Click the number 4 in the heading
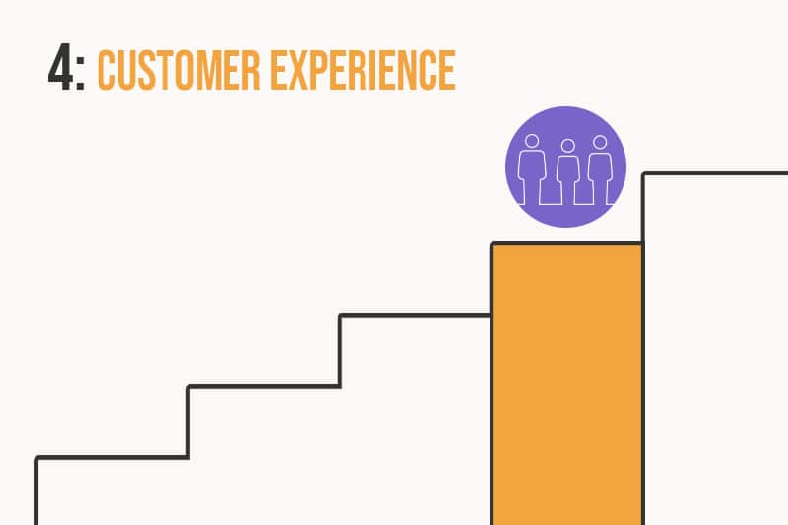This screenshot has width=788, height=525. tap(60, 67)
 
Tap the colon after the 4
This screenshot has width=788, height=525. tap(80, 73)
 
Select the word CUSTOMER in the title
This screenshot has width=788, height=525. tap(178, 70)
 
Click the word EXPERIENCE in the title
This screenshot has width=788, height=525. tap(362, 70)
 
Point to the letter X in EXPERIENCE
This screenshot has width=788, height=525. tap(304, 70)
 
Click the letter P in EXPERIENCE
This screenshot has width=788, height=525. tap(328, 70)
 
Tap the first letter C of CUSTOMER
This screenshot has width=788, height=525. tap(106, 70)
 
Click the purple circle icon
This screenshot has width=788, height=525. tap(565, 166)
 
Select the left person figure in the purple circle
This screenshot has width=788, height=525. tap(532, 169)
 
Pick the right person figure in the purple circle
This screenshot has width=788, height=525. tap(600, 169)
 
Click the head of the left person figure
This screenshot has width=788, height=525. tap(532, 141)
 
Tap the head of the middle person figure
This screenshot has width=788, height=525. tap(568, 146)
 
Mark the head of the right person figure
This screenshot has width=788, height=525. tap(600, 142)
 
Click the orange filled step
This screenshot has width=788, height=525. tap(567, 384)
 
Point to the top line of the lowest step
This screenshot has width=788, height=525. tap(112, 458)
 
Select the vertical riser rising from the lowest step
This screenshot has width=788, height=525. tap(188, 422)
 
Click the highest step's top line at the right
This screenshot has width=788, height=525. tap(715, 173)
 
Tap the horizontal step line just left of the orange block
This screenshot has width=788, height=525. tap(415, 315)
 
